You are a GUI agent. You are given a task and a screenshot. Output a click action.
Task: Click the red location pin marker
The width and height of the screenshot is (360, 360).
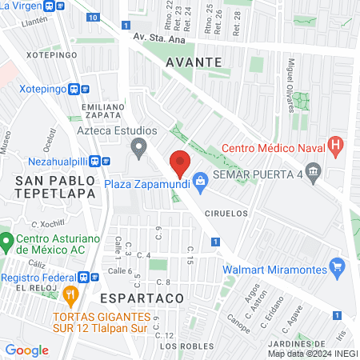pos(180,163)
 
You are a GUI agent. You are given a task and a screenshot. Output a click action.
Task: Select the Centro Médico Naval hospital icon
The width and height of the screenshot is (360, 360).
pos(336,146)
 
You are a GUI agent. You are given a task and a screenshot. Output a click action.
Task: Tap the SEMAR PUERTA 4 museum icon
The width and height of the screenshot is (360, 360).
pos(313,170)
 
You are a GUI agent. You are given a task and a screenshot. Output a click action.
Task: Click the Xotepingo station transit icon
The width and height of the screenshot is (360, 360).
pos(74,90)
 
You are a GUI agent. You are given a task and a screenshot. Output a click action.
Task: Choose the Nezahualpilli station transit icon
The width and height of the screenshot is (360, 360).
pos(95,159)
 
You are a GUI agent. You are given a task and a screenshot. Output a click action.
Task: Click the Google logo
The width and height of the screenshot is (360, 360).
pos(26,350)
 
